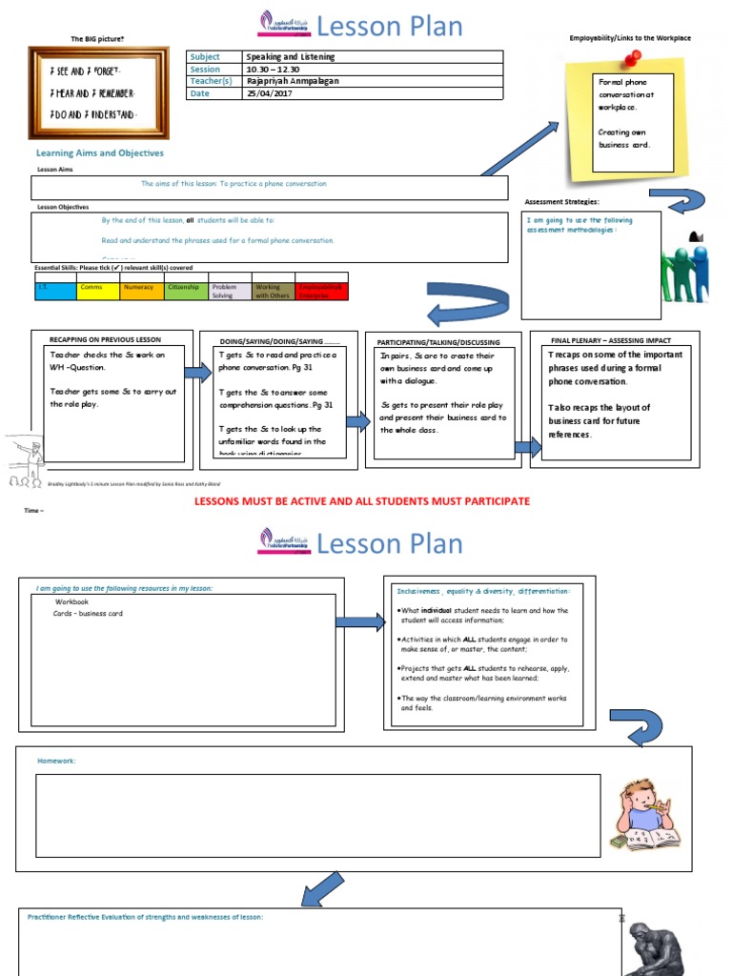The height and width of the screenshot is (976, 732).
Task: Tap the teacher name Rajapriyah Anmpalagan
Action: point(292,82)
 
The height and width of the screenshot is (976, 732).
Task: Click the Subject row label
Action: point(205,57)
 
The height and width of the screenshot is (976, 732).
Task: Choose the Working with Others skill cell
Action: point(274,291)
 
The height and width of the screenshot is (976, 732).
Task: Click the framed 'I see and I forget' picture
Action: point(98,92)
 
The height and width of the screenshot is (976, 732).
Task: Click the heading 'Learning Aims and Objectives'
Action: point(100,152)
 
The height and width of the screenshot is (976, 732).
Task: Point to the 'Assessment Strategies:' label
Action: point(561,202)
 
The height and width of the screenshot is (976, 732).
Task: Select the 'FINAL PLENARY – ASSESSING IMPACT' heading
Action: point(611,340)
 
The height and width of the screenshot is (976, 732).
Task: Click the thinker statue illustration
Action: point(658,948)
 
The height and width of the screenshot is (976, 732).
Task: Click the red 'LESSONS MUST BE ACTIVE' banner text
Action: point(362,501)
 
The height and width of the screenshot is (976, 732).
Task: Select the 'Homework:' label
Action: point(56,761)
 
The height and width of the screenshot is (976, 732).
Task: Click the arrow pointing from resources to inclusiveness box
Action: point(358,622)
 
